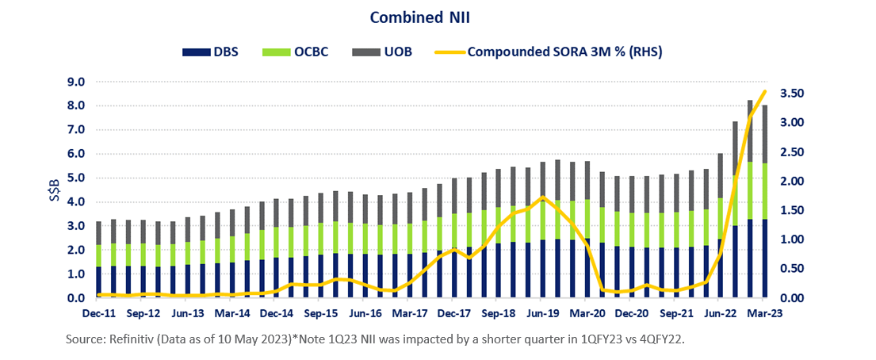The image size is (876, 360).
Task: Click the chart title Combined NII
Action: click(437, 17)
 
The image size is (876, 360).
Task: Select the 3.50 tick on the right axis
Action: click(794, 94)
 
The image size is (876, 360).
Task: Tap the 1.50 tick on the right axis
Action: click(794, 211)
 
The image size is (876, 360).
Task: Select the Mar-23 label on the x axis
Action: click(763, 312)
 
